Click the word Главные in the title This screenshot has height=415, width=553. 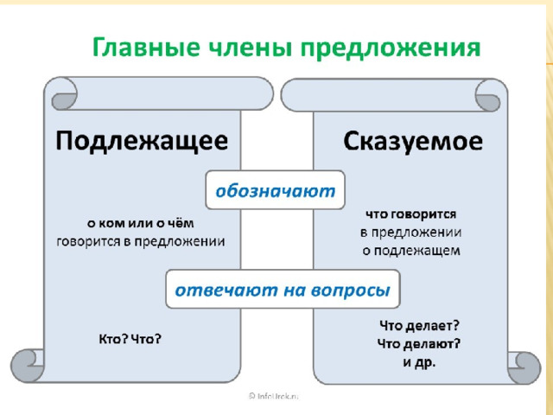click(146, 47)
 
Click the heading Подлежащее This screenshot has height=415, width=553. click(142, 141)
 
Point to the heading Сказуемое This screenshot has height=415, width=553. click(413, 142)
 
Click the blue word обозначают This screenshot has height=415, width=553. click(275, 191)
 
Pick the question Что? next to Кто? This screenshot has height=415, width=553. click(146, 339)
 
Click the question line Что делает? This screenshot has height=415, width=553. click(419, 325)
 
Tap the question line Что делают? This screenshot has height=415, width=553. click(419, 343)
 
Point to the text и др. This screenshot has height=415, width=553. click(419, 362)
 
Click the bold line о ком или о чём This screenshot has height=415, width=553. click(141, 223)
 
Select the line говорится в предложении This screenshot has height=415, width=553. click(141, 242)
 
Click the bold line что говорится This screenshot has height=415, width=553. click(411, 214)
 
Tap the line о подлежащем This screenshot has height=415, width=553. click(411, 251)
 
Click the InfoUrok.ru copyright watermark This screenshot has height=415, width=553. click(274, 396)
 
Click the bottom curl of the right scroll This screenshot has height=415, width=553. click(524, 367)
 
